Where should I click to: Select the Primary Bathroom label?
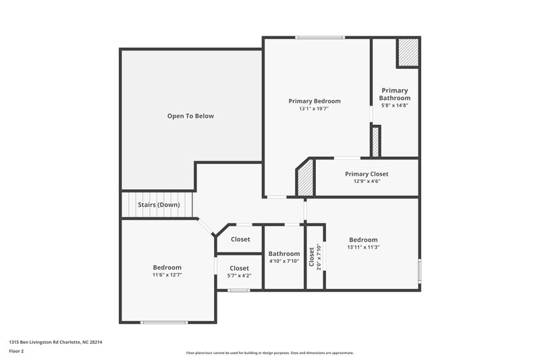(x=394, y=94)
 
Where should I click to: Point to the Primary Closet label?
(x=367, y=174)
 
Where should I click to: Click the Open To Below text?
(x=190, y=116)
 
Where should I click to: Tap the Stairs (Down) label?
(x=159, y=204)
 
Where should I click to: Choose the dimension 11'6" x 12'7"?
(x=167, y=275)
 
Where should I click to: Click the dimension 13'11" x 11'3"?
(x=363, y=247)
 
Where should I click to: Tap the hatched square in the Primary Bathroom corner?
(x=407, y=53)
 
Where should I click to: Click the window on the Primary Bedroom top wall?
(x=320, y=37)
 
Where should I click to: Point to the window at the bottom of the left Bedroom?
(x=163, y=322)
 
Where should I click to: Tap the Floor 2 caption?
(x=17, y=351)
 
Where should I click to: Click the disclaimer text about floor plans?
(x=270, y=353)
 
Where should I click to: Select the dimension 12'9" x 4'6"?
(x=367, y=181)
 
